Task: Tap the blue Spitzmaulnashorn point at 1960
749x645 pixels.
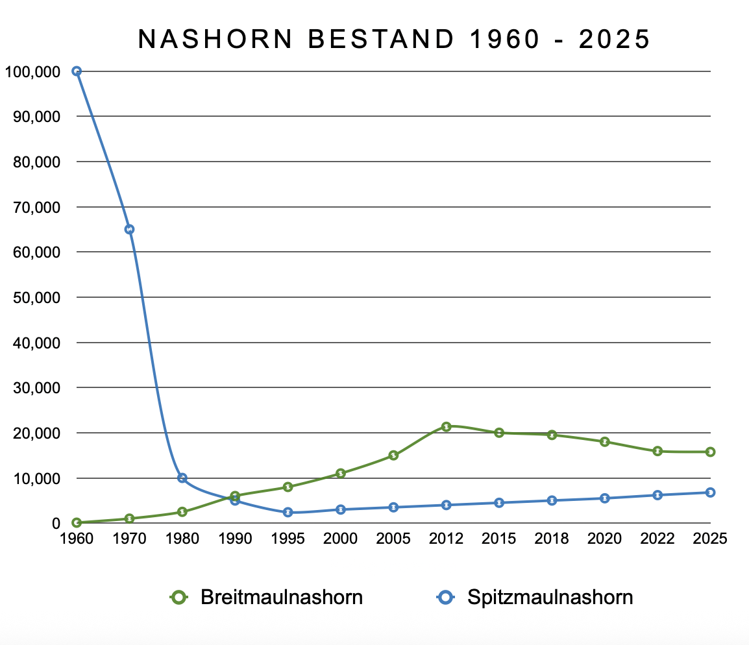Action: (77, 71)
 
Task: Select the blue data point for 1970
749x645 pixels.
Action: (129, 229)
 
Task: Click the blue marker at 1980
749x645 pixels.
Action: (182, 478)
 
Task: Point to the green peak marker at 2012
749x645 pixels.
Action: (446, 426)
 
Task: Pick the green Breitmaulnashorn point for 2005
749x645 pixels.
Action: (393, 456)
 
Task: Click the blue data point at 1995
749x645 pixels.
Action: (288, 513)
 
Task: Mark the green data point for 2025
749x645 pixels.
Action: (711, 452)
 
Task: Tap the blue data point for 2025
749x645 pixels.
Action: (711, 493)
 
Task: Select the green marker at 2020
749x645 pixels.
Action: (605, 442)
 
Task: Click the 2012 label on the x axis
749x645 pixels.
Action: (446, 539)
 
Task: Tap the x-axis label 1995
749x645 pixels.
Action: (288, 539)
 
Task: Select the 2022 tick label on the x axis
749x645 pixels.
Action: (657, 539)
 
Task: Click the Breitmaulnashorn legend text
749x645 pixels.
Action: (282, 597)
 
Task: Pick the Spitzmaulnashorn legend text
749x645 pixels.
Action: (550, 597)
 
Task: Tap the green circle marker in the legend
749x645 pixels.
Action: (179, 597)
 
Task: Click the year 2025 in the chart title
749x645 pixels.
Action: (614, 40)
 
